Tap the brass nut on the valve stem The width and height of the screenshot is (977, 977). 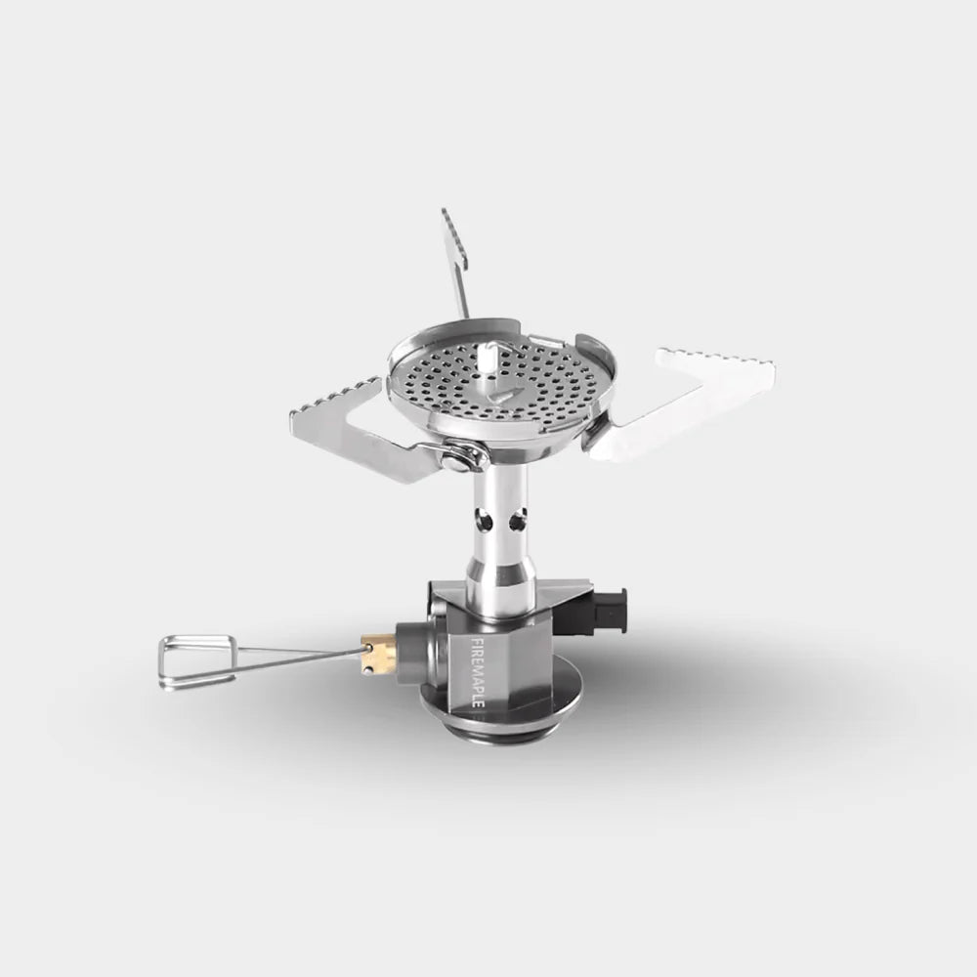(x=377, y=653)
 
